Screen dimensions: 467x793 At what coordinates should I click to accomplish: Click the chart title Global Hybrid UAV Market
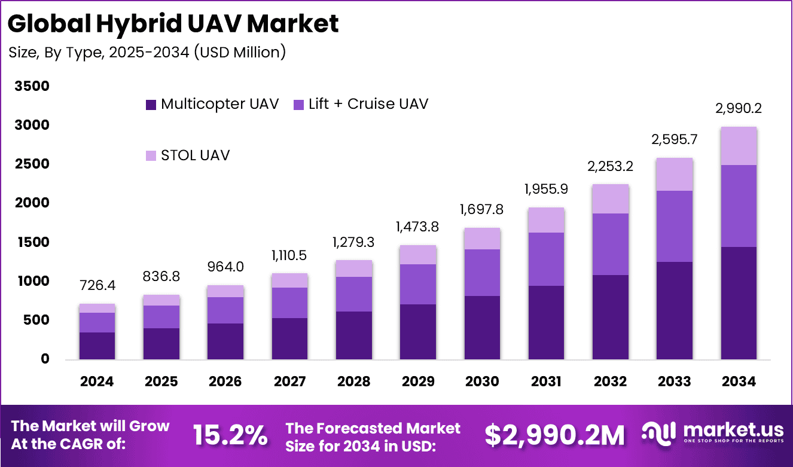click(173, 24)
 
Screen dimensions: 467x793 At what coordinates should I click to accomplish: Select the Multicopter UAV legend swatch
click(151, 104)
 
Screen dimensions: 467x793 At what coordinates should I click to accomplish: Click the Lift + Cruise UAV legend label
click(368, 104)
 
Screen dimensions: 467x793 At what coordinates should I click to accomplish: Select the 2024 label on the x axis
click(97, 381)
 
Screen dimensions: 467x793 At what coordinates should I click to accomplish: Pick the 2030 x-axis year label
click(481, 381)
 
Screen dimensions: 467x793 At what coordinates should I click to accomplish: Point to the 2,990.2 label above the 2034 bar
click(738, 109)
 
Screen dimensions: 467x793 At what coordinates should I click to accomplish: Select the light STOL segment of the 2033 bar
click(674, 174)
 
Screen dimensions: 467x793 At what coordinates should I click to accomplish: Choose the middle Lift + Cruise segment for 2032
click(610, 244)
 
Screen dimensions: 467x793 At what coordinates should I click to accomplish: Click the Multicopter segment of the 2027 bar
click(289, 338)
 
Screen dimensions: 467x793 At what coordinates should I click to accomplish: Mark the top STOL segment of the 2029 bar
click(417, 255)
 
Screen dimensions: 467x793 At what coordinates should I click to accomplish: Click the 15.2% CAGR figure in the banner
click(230, 435)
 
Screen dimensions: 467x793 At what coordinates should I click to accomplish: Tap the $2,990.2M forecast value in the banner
click(554, 435)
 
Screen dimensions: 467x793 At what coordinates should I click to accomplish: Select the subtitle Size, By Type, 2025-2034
click(147, 53)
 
